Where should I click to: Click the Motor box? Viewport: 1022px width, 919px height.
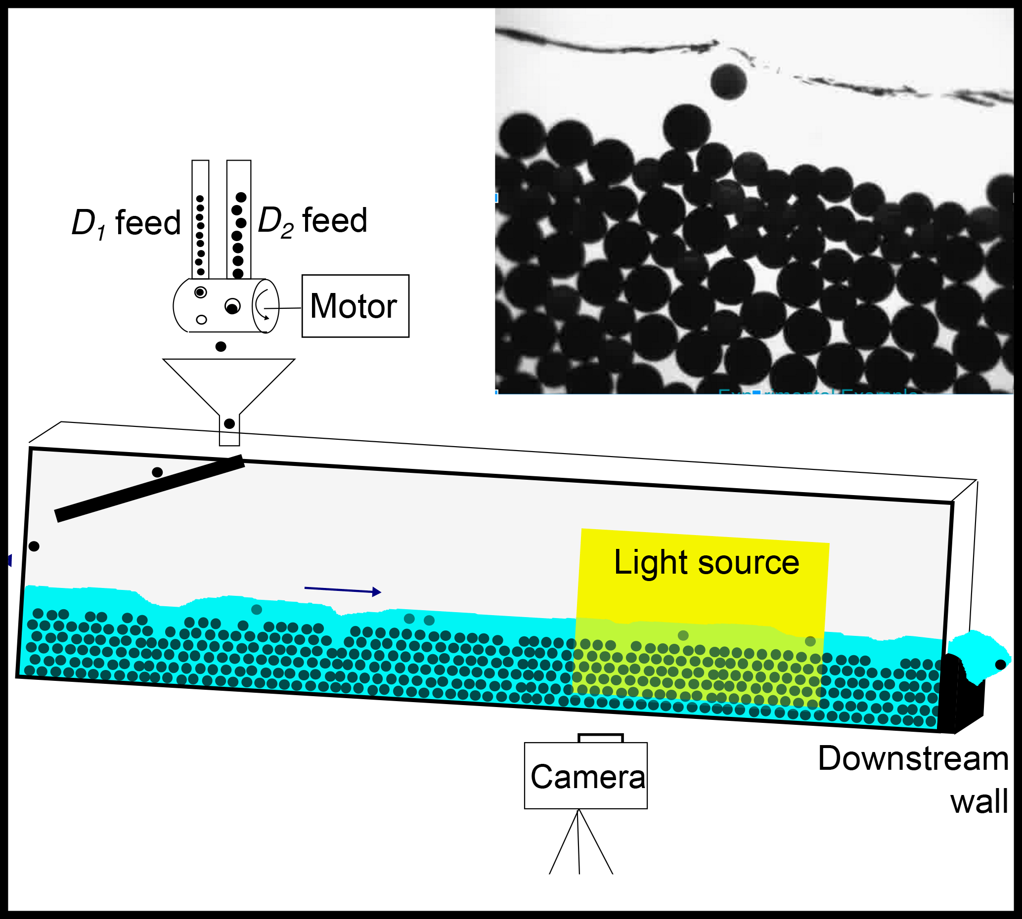click(x=355, y=306)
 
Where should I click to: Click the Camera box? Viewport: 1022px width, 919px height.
click(x=585, y=776)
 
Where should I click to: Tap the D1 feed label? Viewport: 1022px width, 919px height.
click(x=126, y=223)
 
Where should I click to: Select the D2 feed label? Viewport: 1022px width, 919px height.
click(x=312, y=221)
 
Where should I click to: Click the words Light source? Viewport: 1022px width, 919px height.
click(x=706, y=562)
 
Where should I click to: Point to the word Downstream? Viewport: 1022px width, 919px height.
click(x=913, y=758)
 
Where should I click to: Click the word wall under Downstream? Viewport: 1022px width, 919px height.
click(x=979, y=801)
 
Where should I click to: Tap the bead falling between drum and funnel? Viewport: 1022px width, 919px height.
click(x=221, y=346)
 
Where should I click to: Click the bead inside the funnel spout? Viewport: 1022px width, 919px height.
click(x=229, y=423)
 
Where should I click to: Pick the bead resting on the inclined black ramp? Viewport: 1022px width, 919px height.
click(x=157, y=472)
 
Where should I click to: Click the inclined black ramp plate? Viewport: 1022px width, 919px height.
click(x=149, y=488)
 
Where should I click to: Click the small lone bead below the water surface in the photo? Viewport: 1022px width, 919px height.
click(x=728, y=82)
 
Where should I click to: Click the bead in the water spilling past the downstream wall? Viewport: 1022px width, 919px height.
click(x=1000, y=665)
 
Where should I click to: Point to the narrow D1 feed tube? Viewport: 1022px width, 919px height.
click(x=201, y=219)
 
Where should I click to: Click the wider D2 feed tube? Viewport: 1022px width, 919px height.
click(x=239, y=219)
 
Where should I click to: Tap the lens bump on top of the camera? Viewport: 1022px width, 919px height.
click(x=600, y=738)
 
